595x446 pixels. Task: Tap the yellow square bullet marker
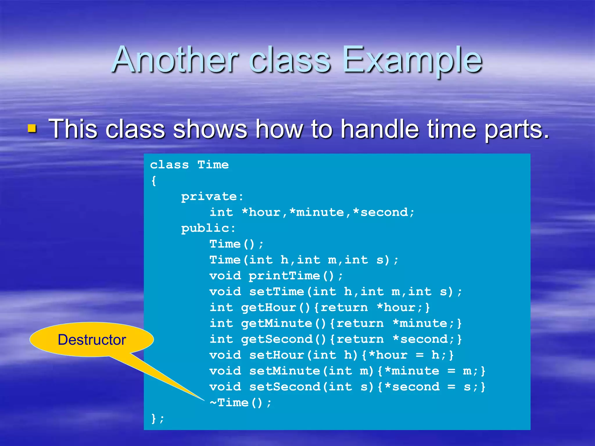click(x=32, y=128)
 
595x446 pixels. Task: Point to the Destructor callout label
click(x=92, y=339)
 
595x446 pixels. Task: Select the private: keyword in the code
click(x=212, y=197)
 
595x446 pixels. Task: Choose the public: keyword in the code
click(x=208, y=228)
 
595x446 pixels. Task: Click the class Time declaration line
click(x=189, y=165)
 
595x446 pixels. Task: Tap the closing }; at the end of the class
click(x=157, y=418)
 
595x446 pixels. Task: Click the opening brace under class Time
click(x=154, y=181)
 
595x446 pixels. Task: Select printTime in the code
click(x=284, y=276)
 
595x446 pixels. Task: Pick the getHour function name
click(x=268, y=307)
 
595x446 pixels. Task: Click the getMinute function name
click(x=276, y=323)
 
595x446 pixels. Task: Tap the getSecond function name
click(x=276, y=339)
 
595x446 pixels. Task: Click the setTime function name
click(x=276, y=292)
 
